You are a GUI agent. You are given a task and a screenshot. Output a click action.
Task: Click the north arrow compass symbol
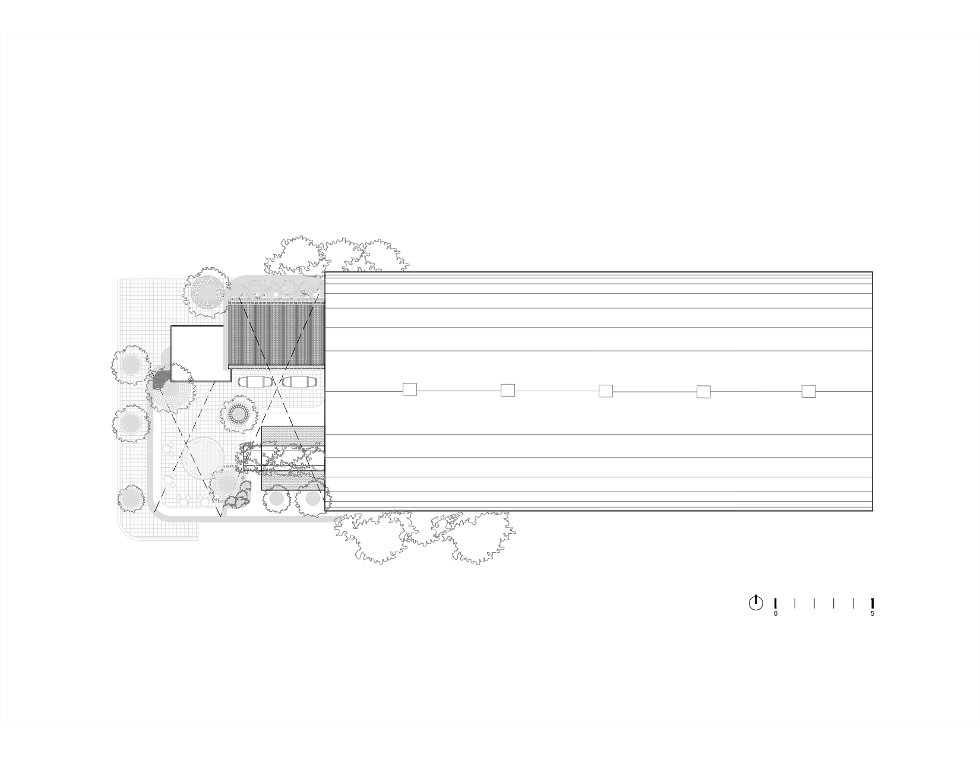[756, 603]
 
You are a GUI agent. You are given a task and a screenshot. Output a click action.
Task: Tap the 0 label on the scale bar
[776, 614]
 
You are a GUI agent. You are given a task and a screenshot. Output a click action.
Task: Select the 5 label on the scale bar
[872, 614]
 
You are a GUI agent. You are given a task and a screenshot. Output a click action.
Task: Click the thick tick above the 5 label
[872, 603]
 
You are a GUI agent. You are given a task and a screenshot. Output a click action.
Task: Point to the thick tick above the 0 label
[776, 603]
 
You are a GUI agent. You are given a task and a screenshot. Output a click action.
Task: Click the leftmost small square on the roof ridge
[409, 389]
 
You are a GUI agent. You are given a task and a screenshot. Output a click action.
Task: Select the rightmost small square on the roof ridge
[808, 391]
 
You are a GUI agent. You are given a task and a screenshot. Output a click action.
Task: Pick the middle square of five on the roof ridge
[606, 391]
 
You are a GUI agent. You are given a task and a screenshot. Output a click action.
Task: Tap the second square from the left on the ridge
[508, 390]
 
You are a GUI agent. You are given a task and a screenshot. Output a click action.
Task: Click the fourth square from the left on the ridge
[704, 392]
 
